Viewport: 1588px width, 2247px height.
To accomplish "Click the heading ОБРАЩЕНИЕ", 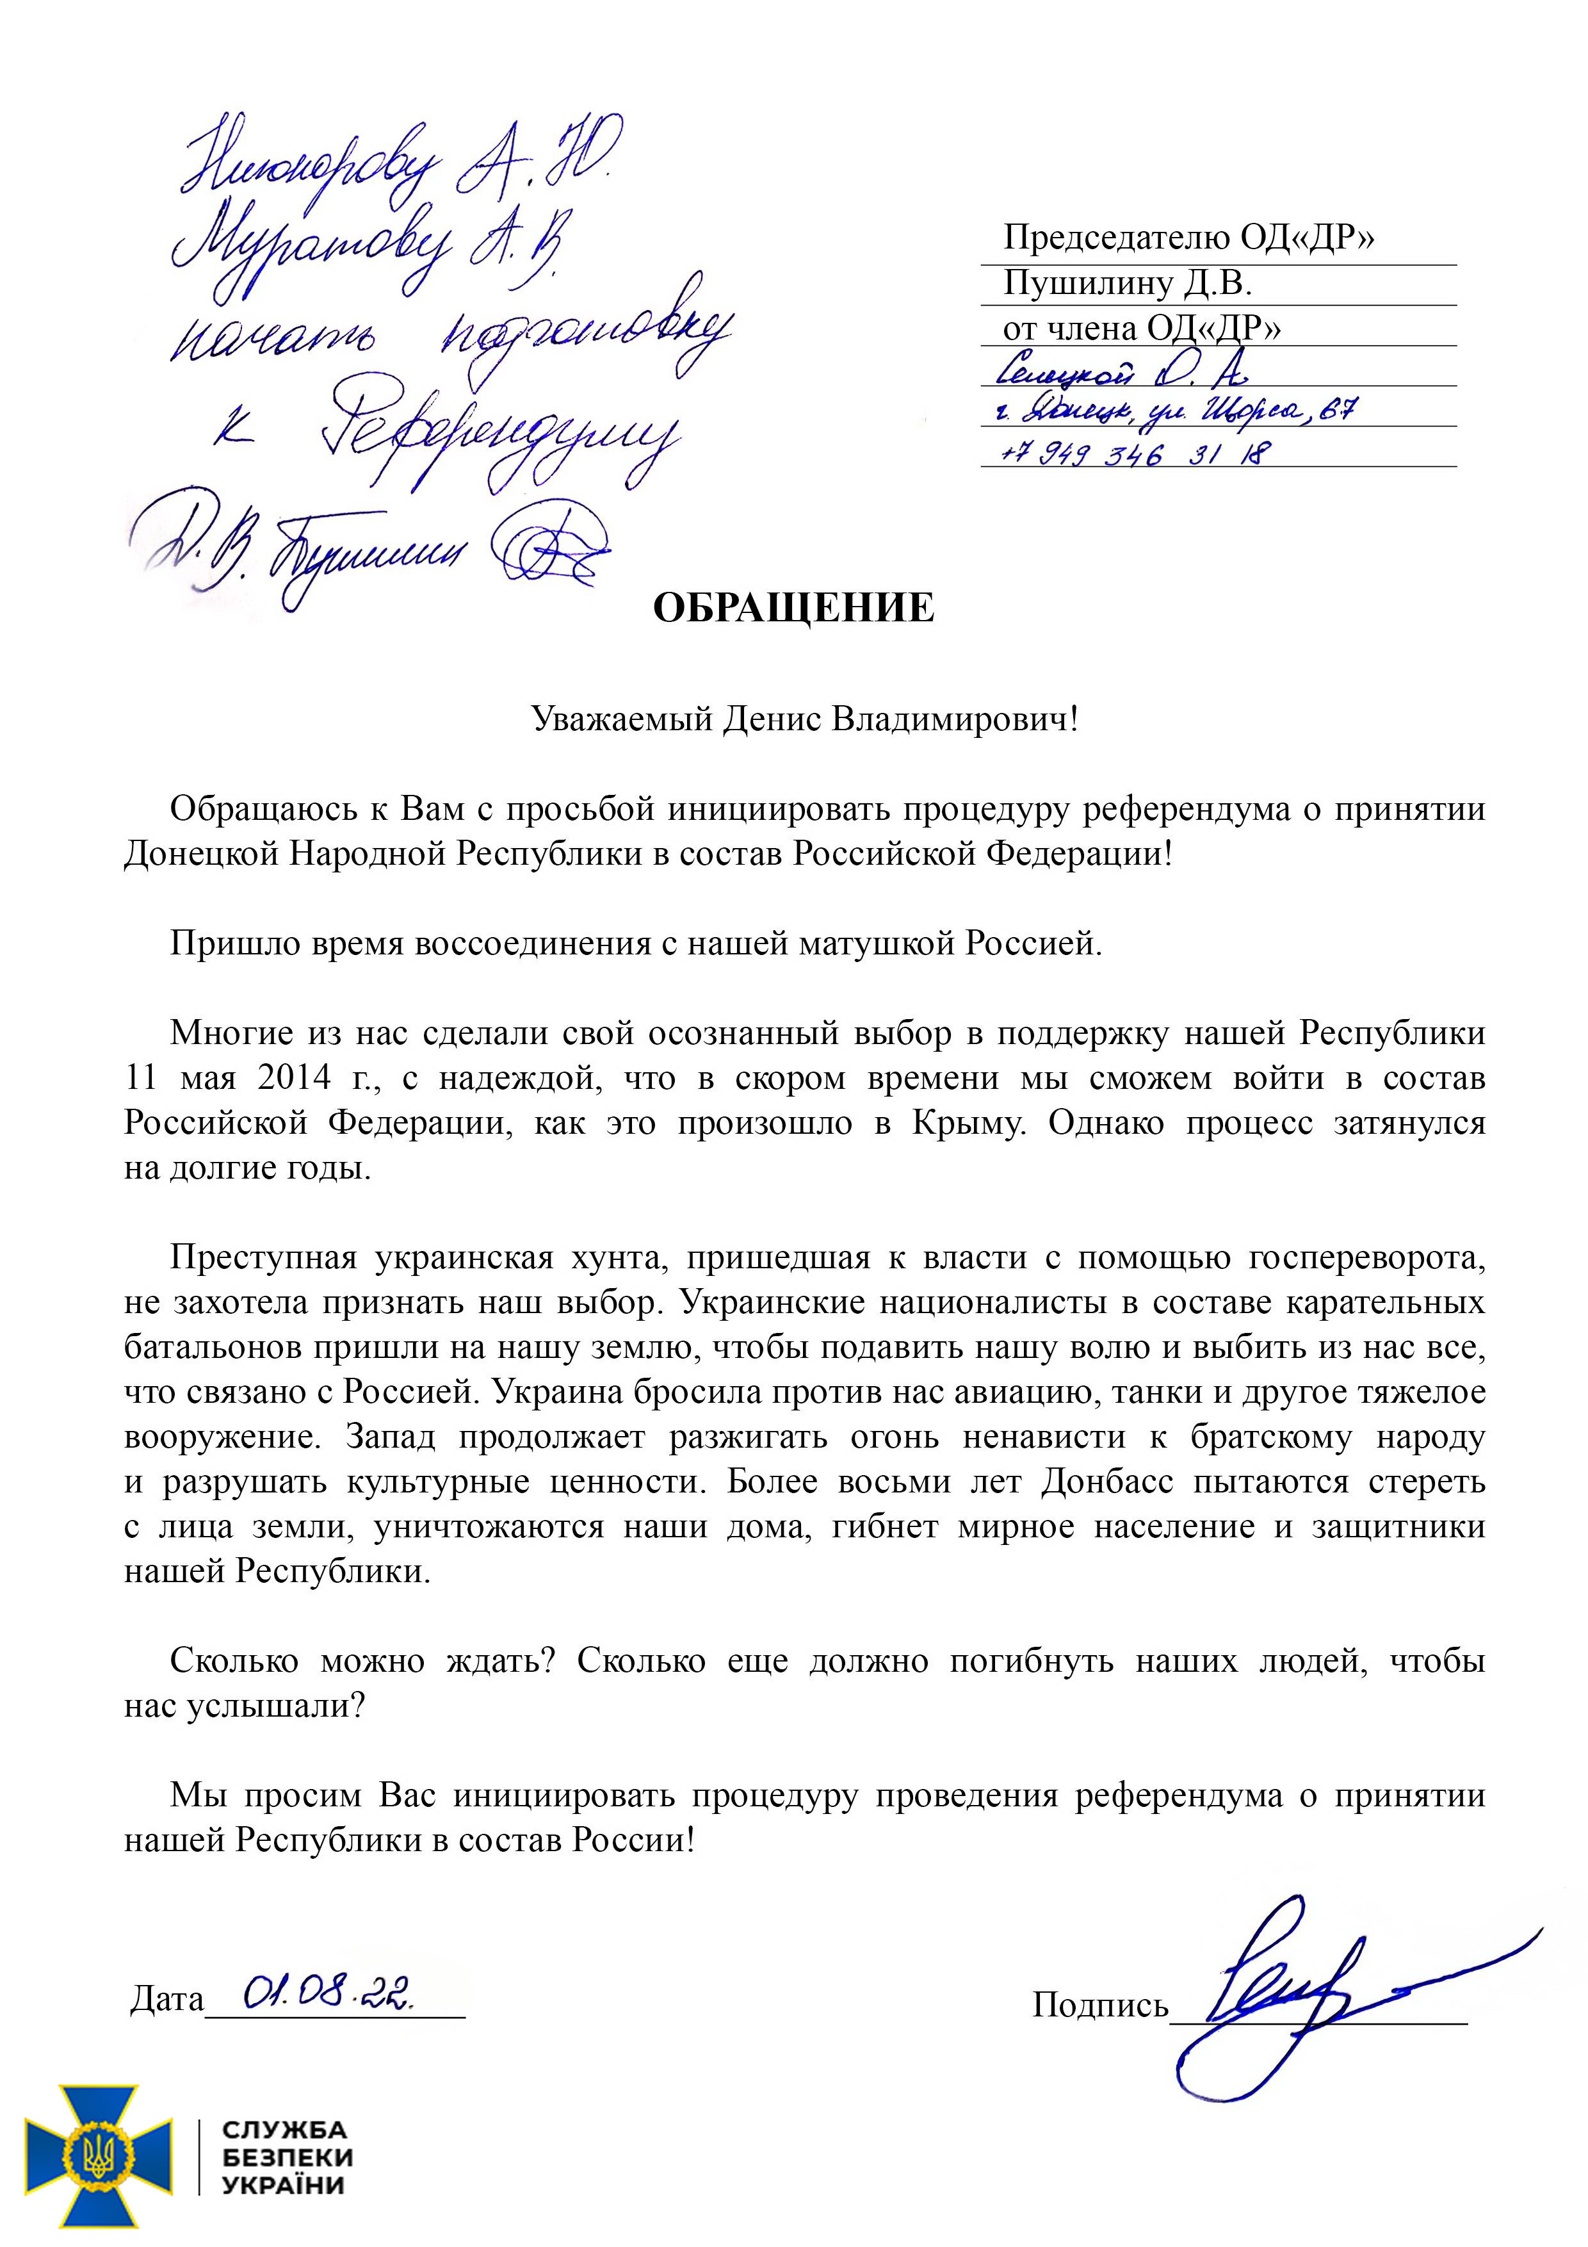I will pyautogui.click(x=793, y=609).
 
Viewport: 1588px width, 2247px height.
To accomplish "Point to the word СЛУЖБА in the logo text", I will pyautogui.click(x=284, y=2130).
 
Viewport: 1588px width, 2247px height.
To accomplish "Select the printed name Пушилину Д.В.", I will pyautogui.click(x=1127, y=284).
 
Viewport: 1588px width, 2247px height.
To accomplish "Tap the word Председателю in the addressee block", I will pyautogui.click(x=1115, y=238).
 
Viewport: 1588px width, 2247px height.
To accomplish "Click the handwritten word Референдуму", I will pyautogui.click(x=499, y=436).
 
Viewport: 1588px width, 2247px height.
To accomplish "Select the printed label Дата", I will pyautogui.click(x=166, y=1999).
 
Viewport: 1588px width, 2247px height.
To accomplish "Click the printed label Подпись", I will pyautogui.click(x=1100, y=2006).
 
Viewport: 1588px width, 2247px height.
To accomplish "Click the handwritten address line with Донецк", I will pyautogui.click(x=1174, y=412).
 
